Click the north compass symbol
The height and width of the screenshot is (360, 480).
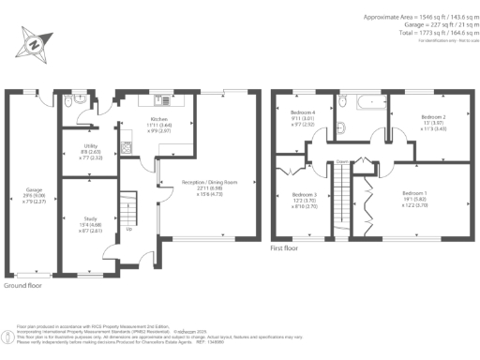(x=34, y=44)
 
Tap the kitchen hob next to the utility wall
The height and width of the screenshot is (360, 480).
(x=125, y=146)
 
